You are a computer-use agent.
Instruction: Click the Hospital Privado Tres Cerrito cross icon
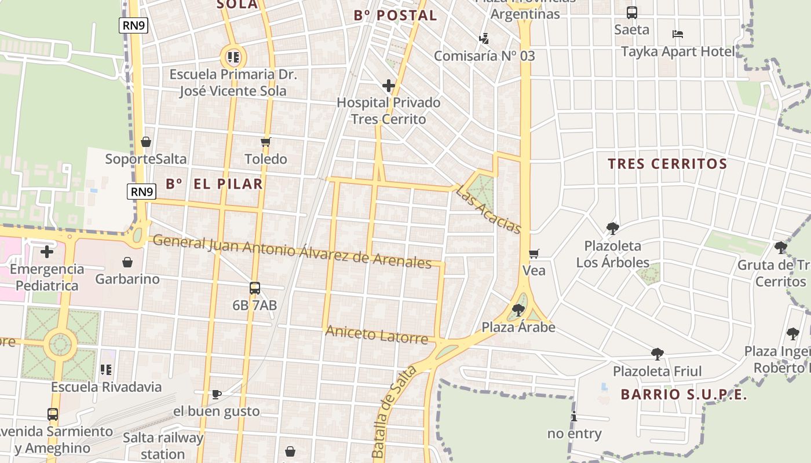tap(388, 86)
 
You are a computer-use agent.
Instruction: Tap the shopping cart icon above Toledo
tap(266, 142)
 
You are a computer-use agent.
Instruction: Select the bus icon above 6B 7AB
tap(254, 288)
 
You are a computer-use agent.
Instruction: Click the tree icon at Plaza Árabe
tap(518, 310)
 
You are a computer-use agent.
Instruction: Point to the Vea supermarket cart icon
tap(534, 253)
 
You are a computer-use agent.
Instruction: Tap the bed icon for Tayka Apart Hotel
tap(677, 34)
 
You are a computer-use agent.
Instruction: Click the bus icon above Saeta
tap(631, 12)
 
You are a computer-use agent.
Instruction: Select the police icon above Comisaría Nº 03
tap(484, 39)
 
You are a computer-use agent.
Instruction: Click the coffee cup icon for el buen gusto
tap(216, 394)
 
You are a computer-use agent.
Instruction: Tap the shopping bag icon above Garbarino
tap(127, 262)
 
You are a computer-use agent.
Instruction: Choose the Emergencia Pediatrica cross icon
tap(46, 252)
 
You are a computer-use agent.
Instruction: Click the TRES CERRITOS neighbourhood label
tap(667, 164)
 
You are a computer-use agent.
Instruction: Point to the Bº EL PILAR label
tap(214, 184)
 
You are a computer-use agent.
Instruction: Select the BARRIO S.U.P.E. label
tap(684, 395)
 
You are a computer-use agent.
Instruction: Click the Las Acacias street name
tap(488, 210)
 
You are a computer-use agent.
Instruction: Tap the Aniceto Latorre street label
tap(377, 334)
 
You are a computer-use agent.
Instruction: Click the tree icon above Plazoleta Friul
tap(657, 354)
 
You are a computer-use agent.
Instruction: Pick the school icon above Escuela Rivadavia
tap(105, 369)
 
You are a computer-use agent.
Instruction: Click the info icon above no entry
tap(574, 416)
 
